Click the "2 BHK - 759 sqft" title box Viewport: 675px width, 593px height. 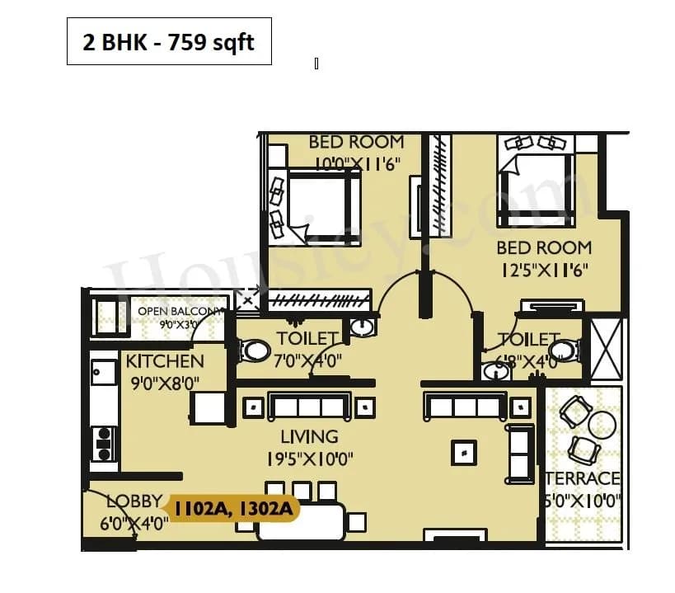[169, 42]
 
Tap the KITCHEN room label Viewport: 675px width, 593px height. [164, 361]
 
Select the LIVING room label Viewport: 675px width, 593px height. [309, 436]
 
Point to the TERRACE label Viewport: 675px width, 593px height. [584, 478]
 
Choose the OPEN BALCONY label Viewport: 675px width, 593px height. [179, 311]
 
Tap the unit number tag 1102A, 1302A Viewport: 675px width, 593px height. [232, 509]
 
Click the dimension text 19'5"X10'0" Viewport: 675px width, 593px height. [310, 459]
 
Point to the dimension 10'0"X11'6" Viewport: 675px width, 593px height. [356, 163]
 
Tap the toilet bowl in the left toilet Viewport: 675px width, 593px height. [255, 351]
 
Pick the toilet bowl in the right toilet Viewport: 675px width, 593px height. [565, 351]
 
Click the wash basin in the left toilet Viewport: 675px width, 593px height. [362, 327]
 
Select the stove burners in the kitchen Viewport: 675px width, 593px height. [104, 444]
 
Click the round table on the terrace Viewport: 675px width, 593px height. [602, 424]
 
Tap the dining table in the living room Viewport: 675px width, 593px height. [301, 522]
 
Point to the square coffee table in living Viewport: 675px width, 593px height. [463, 452]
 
